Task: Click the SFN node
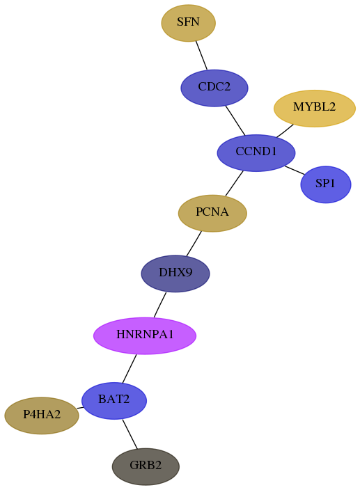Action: click(x=188, y=23)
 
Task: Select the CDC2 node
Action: click(x=214, y=88)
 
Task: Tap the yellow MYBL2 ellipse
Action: click(x=314, y=108)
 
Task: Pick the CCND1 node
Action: click(x=256, y=153)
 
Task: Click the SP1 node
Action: click(x=326, y=184)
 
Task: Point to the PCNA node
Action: click(x=212, y=213)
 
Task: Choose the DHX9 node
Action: click(x=175, y=274)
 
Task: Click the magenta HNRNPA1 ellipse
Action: click(x=145, y=335)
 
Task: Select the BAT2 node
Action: click(x=114, y=400)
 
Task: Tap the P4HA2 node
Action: click(x=42, y=416)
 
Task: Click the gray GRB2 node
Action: click(x=146, y=466)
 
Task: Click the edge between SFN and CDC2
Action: click(x=201, y=55)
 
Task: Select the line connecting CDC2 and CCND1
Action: click(x=235, y=120)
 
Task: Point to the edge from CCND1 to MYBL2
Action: click(x=285, y=131)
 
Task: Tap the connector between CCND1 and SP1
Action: click(x=295, y=171)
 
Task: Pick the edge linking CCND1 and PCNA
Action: click(x=234, y=184)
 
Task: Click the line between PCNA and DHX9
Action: click(x=194, y=244)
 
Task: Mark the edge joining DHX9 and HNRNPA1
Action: click(x=160, y=305)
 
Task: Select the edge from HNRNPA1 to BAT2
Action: click(x=130, y=368)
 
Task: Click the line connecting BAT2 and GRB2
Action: click(x=130, y=434)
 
